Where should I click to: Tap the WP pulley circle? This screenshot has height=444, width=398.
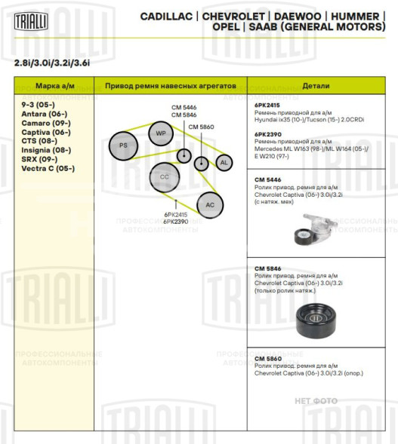point(160,133)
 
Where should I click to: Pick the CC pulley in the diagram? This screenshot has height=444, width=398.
point(164,177)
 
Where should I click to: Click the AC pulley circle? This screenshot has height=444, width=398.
point(210,204)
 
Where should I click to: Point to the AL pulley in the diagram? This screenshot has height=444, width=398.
point(224,162)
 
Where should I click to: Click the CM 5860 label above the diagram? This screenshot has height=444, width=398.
point(201,127)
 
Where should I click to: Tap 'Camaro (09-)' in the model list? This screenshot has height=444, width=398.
point(46,122)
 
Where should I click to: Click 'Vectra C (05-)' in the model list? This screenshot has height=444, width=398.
point(48,168)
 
